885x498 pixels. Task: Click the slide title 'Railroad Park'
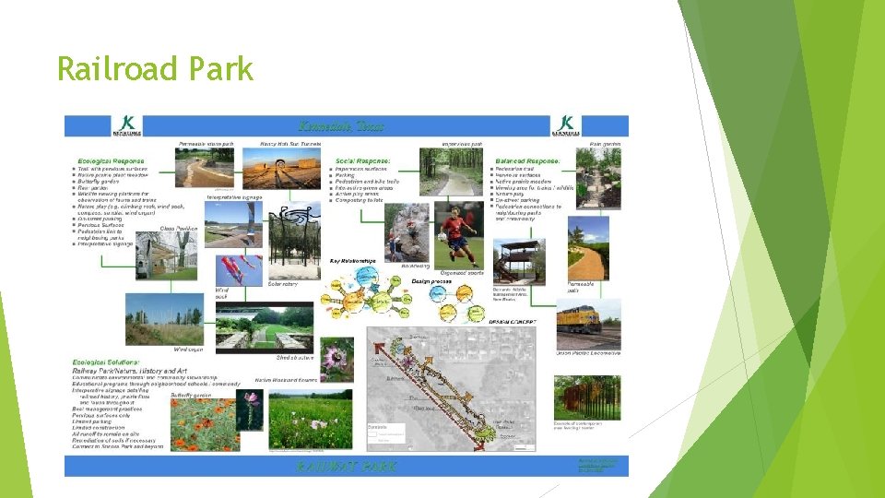tap(154, 69)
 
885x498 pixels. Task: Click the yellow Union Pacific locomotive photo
tap(588, 324)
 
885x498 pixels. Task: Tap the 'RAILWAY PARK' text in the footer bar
tap(347, 466)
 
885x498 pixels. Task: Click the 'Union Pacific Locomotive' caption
tap(587, 353)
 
